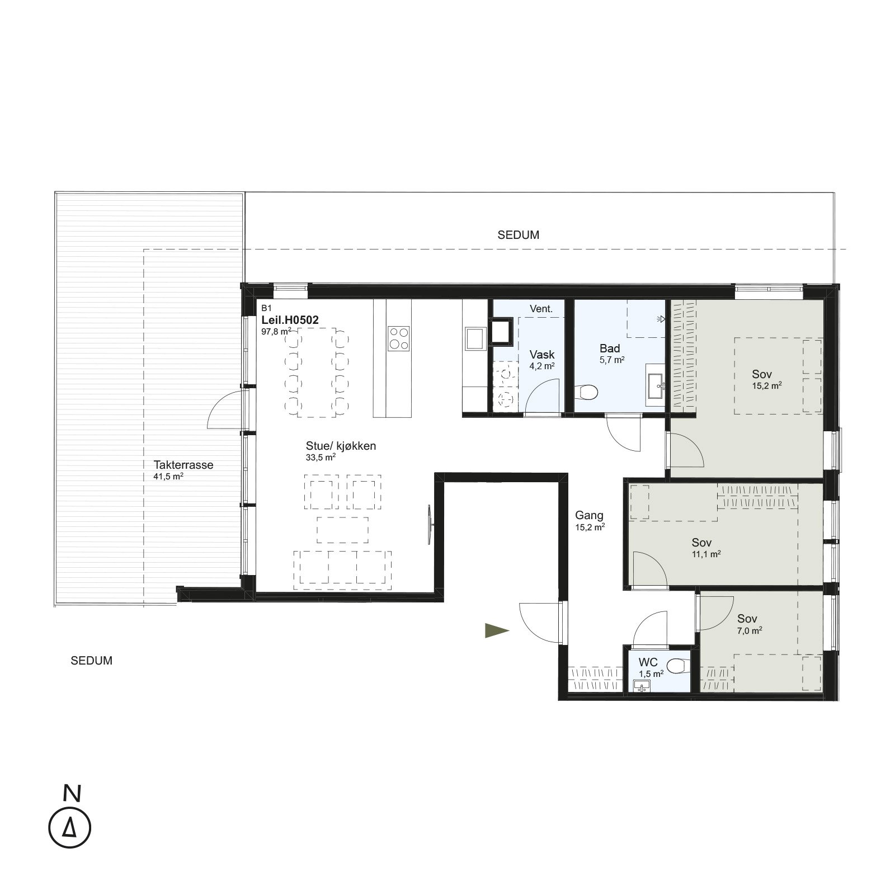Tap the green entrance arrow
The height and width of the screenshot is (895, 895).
[x=497, y=630]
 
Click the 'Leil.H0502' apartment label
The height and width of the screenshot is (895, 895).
[x=290, y=321]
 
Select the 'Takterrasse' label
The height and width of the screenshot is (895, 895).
[x=183, y=465]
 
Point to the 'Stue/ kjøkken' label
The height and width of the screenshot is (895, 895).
[x=341, y=446]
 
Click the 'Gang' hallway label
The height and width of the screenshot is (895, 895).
[x=589, y=516]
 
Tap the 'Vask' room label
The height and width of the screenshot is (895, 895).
[x=542, y=354]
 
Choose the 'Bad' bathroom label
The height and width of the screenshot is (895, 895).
[x=610, y=348]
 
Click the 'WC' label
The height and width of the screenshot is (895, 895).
[x=648, y=663]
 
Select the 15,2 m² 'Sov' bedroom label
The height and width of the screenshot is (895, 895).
[x=762, y=374]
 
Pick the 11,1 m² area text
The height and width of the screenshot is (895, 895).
[x=706, y=554]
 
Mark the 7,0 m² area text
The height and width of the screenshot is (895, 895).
[x=750, y=630]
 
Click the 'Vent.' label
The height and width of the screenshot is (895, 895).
[x=541, y=309]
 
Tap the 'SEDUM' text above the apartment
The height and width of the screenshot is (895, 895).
[x=519, y=235]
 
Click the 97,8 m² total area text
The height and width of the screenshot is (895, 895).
[x=276, y=331]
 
